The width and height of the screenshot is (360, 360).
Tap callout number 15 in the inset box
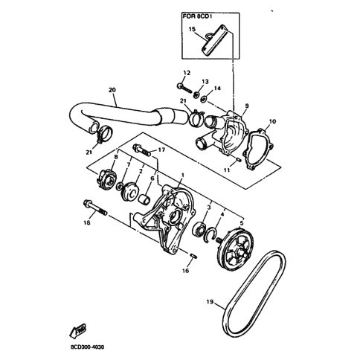click(x=192, y=29)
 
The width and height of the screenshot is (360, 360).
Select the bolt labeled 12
click(x=184, y=88)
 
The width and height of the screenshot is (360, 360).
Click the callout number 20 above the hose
click(x=112, y=90)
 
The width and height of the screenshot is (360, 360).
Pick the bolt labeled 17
click(x=142, y=150)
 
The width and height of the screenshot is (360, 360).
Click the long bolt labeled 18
click(x=95, y=207)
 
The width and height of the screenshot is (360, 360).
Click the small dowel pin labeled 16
click(x=193, y=256)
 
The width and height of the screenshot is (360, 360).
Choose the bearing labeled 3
click(x=199, y=229)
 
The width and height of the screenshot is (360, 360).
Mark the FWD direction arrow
click(x=78, y=330)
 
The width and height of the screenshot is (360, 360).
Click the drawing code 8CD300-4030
click(x=87, y=347)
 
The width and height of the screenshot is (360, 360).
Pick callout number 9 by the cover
click(x=247, y=106)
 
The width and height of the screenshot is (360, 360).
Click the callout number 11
click(x=227, y=170)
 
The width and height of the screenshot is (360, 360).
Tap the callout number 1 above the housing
click(x=183, y=176)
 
